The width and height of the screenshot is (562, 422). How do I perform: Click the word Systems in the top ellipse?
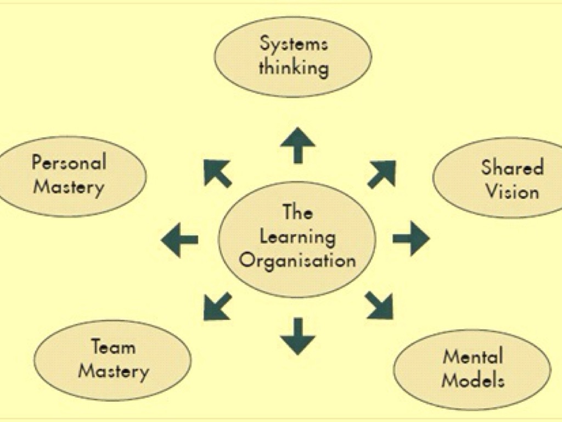294,43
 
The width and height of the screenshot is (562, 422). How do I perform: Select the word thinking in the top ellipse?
294,68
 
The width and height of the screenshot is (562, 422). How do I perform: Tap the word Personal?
69,163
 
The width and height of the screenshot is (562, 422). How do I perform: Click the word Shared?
512,167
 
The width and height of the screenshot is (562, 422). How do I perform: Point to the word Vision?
512,191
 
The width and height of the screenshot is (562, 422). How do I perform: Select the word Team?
113,347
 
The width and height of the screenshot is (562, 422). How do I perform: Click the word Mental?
473,357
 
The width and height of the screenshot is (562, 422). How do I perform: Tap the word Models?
473,380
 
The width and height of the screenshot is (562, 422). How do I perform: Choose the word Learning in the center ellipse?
297,237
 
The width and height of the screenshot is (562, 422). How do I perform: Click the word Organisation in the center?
297,259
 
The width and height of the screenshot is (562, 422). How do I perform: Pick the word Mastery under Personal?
69,187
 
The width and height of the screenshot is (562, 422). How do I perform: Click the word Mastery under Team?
113,371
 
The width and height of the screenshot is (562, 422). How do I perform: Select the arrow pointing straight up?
297,145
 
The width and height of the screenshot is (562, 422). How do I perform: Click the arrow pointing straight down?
297,335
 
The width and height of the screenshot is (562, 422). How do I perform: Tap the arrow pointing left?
179,239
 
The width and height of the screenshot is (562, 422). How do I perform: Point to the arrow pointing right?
412,238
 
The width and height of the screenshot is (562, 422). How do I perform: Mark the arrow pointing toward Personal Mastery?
217,173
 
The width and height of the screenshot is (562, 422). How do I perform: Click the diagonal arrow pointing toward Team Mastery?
217,306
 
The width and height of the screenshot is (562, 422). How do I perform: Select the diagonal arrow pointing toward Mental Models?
380,306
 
